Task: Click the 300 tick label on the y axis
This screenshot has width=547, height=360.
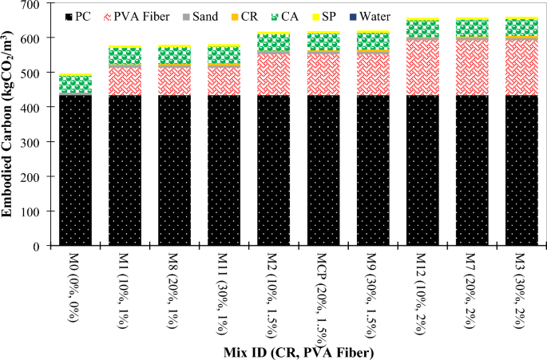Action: point(38,142)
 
